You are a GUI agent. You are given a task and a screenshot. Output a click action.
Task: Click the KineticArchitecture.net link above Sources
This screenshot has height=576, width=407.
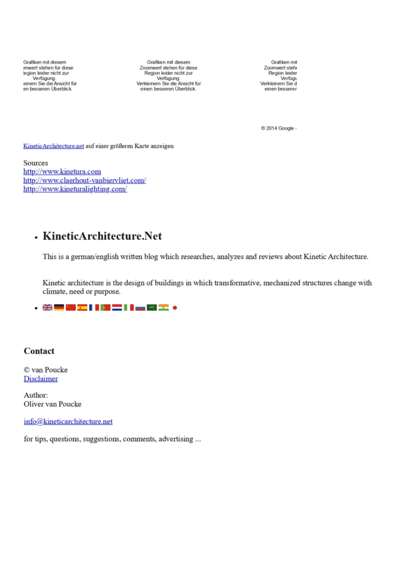click(x=53, y=146)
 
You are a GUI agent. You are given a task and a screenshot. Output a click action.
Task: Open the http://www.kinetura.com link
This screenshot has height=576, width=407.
click(x=62, y=172)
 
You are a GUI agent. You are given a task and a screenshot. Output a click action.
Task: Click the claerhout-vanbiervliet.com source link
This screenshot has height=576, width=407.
click(x=84, y=181)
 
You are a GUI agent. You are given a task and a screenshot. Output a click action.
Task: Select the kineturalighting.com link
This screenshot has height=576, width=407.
click(x=75, y=189)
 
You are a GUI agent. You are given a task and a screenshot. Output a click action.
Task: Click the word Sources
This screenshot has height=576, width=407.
click(x=35, y=163)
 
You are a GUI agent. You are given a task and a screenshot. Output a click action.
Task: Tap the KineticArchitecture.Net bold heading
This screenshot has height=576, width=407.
click(x=102, y=236)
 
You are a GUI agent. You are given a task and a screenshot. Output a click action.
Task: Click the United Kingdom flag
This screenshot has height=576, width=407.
click(x=48, y=308)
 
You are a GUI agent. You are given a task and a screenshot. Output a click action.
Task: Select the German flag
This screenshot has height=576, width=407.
click(x=59, y=308)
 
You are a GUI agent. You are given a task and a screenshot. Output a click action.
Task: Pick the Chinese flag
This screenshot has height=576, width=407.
click(x=71, y=308)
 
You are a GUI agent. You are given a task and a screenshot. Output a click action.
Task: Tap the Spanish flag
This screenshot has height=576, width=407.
click(x=82, y=308)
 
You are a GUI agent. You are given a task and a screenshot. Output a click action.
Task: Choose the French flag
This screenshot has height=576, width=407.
click(x=94, y=308)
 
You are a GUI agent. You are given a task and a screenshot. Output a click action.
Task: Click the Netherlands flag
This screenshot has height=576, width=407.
click(x=117, y=308)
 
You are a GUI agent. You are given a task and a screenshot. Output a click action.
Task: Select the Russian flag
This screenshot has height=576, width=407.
click(x=140, y=308)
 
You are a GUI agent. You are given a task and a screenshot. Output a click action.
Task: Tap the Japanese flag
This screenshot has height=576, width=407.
click(x=175, y=308)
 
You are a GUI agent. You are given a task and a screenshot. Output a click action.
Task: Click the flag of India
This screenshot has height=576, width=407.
click(x=164, y=308)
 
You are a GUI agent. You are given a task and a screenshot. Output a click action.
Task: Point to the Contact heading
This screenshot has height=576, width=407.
click(x=39, y=351)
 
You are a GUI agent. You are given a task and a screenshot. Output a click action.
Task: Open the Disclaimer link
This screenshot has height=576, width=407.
click(x=40, y=379)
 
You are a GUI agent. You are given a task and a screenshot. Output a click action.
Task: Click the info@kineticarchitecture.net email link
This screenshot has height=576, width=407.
click(x=68, y=421)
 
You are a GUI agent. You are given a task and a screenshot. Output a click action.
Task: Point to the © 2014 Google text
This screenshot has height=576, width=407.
click(x=277, y=128)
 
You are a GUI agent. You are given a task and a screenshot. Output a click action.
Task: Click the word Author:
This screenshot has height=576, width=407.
click(x=35, y=395)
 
